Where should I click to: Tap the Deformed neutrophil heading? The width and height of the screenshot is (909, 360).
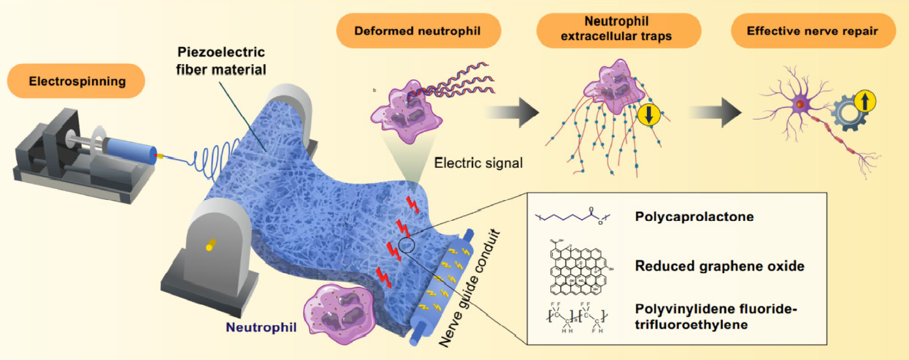419,31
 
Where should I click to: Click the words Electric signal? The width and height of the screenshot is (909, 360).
478,163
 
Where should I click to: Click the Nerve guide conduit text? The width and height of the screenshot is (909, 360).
478,288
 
